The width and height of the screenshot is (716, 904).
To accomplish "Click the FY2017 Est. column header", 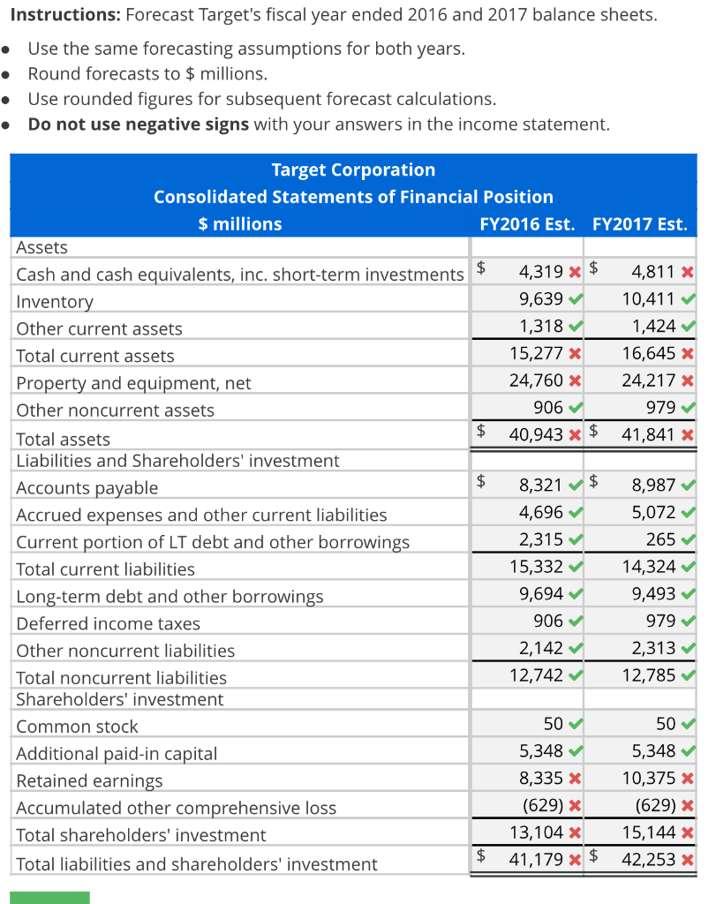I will coord(640,224).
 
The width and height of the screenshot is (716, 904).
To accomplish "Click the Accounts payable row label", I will coord(87,488).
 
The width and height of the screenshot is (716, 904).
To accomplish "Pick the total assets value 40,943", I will coord(538,433).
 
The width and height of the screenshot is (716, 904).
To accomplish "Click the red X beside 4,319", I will coord(575,274).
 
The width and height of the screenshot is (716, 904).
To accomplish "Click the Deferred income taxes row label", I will coord(108,624).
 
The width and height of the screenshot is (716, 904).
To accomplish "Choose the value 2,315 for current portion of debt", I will coord(541,539).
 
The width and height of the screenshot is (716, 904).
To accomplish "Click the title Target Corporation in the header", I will coord(353,169).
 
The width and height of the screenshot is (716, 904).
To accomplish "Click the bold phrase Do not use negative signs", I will coord(139,124).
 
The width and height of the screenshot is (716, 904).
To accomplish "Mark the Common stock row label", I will coord(77,727).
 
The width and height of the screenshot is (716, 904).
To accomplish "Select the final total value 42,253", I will coord(649,859).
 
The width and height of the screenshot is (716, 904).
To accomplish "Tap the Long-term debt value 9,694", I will coord(541,594).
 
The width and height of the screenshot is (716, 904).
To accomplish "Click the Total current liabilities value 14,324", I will coord(649,567).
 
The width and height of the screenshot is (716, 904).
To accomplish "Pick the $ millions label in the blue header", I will coord(239,224).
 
